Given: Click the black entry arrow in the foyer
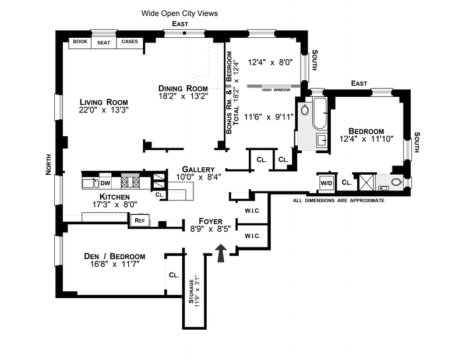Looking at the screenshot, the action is tap(221, 254).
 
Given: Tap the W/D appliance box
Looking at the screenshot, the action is tap(325, 182).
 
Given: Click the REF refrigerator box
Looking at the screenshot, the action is tap(140, 220).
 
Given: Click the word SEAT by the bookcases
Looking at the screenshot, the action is tap(104, 43).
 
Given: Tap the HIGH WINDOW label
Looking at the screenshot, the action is tap(274, 90).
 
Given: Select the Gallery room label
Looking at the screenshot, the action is tap(194, 168).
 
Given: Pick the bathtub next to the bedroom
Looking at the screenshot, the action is tap(320, 114).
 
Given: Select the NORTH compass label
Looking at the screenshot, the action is tap(49, 164).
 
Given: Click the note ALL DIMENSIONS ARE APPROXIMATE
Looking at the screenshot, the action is tap(338, 200).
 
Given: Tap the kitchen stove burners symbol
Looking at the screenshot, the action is tap(129, 182).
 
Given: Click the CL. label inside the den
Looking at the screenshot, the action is tap(174, 275).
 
